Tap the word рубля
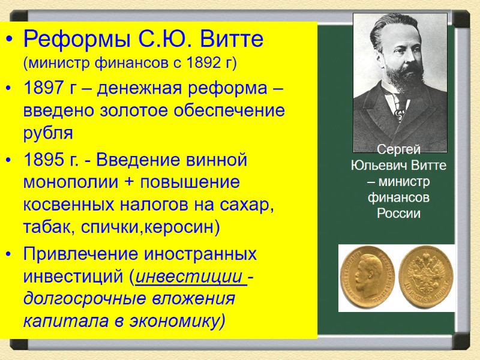pyautogui.click(x=47, y=132)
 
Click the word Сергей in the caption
pyautogui.click(x=398, y=151)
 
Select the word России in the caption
pyautogui.click(x=398, y=213)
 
